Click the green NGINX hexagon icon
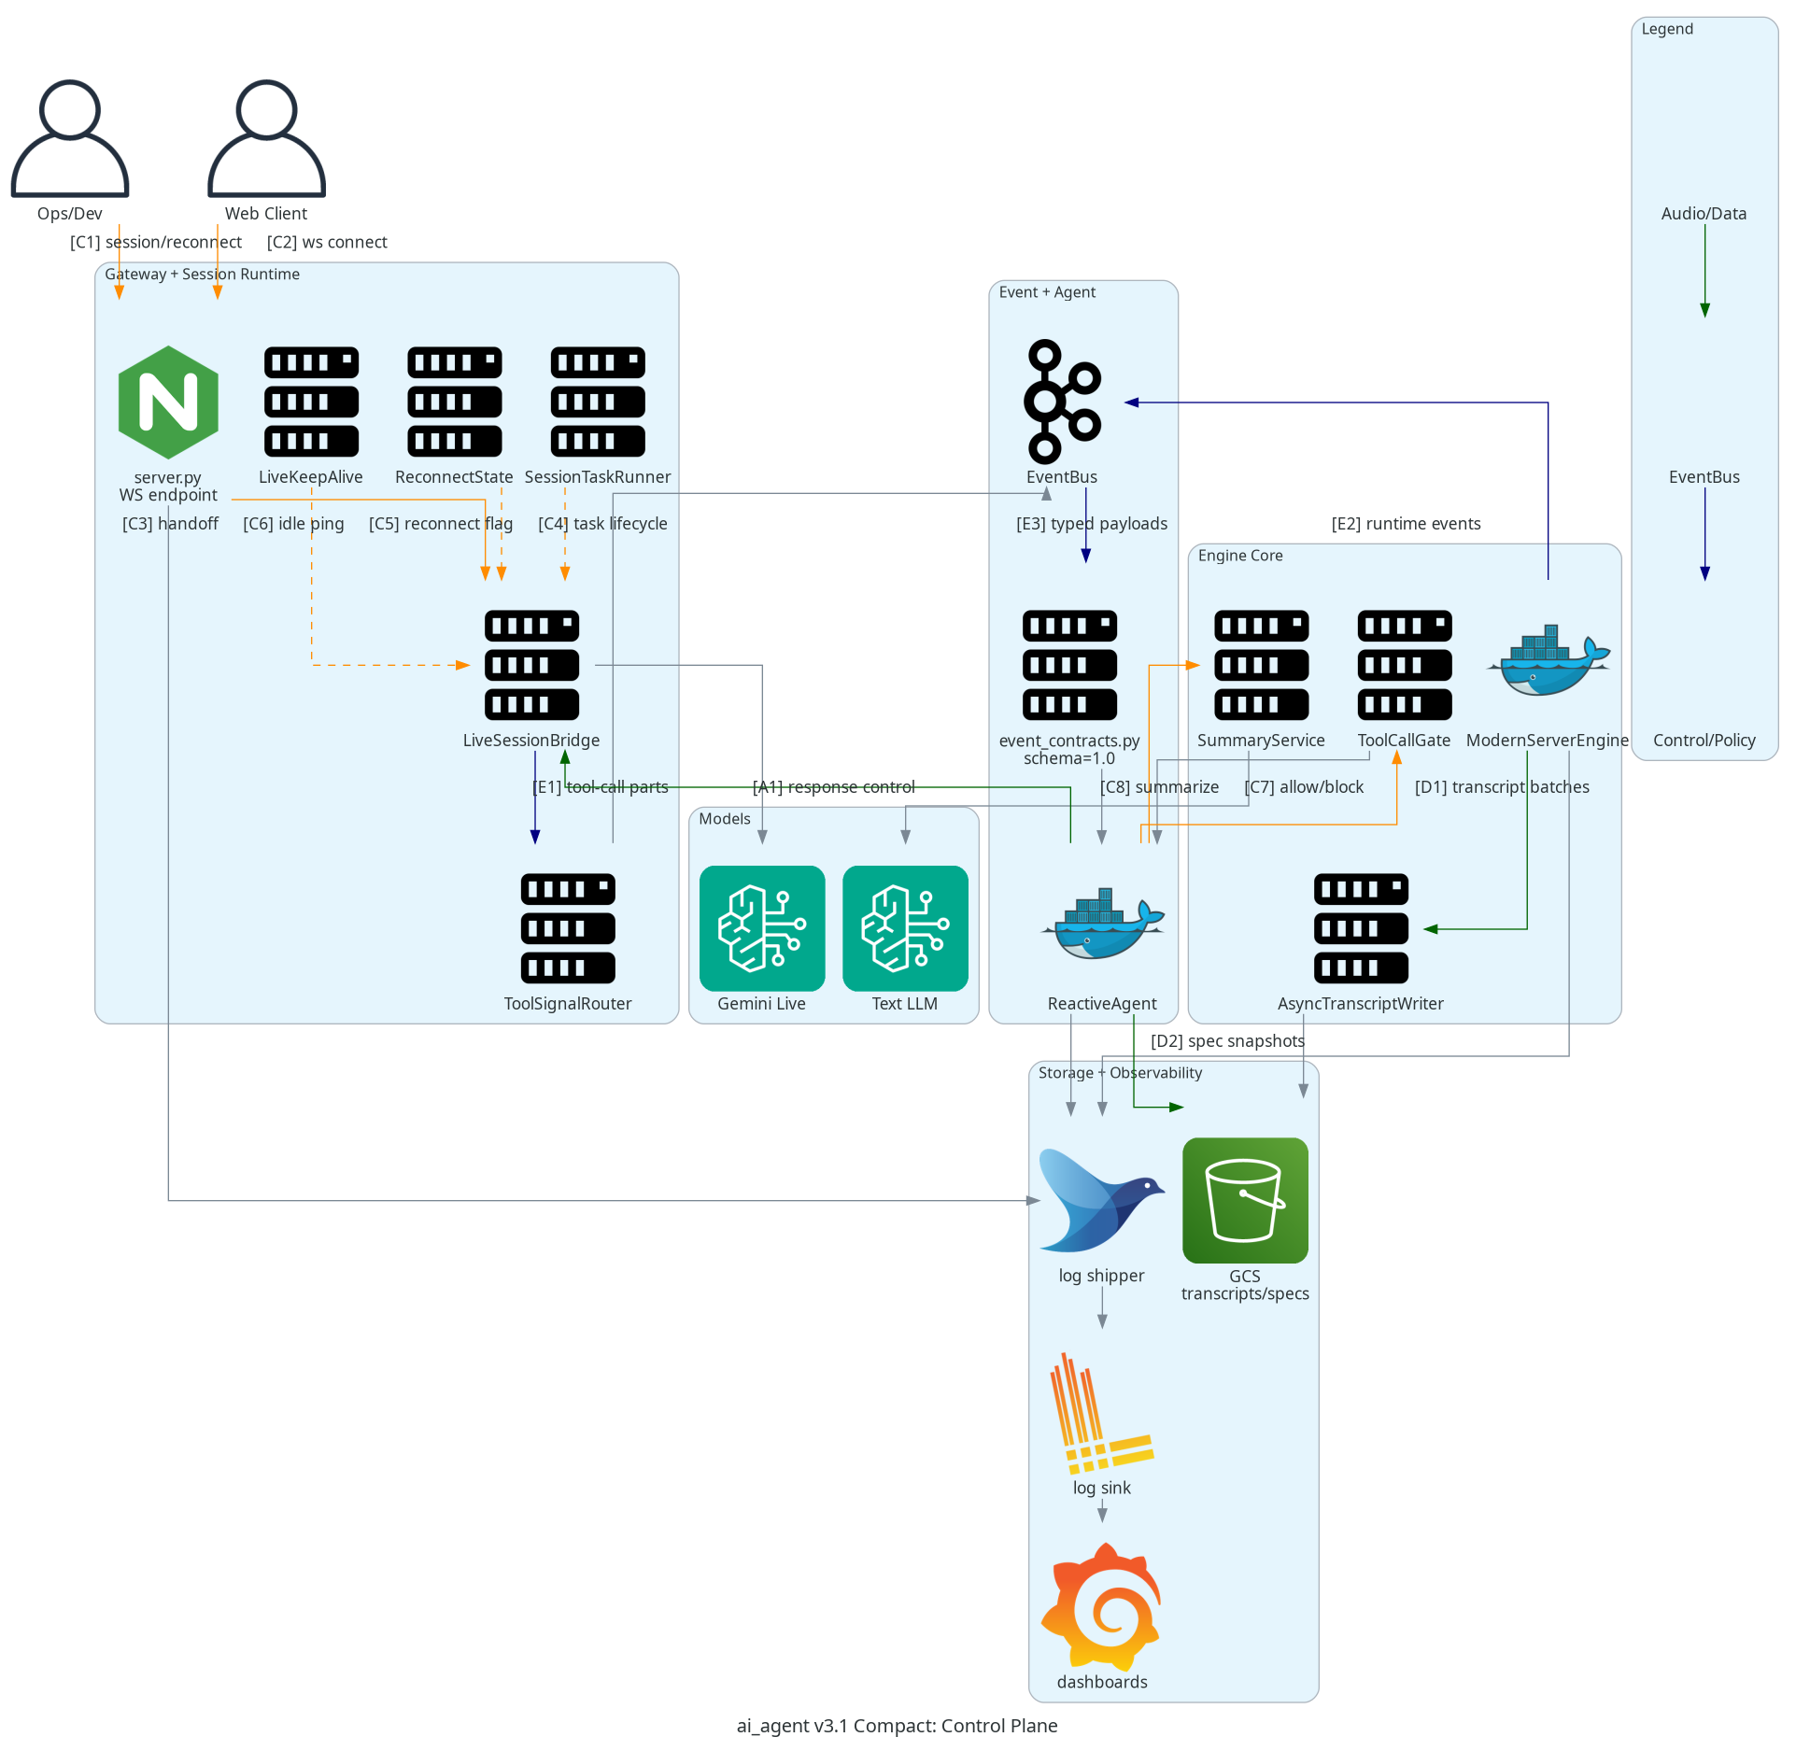click(x=168, y=402)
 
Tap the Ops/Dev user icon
click(x=70, y=138)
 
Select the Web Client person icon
click(x=266, y=138)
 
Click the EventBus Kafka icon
click(x=1063, y=402)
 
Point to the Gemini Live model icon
click(x=762, y=928)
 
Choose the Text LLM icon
click(x=905, y=928)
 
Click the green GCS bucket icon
click(x=1245, y=1200)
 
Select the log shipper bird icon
click(x=1102, y=1200)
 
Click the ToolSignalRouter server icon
click(x=568, y=928)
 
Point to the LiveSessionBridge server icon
click(x=531, y=665)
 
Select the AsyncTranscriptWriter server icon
click(x=1361, y=928)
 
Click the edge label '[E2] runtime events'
click(x=1406, y=524)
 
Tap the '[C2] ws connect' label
click(x=327, y=243)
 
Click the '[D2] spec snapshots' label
click(x=1227, y=1041)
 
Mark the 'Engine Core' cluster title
click(x=1240, y=556)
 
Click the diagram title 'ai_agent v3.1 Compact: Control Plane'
click(x=897, y=1726)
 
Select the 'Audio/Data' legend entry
click(x=1704, y=214)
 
